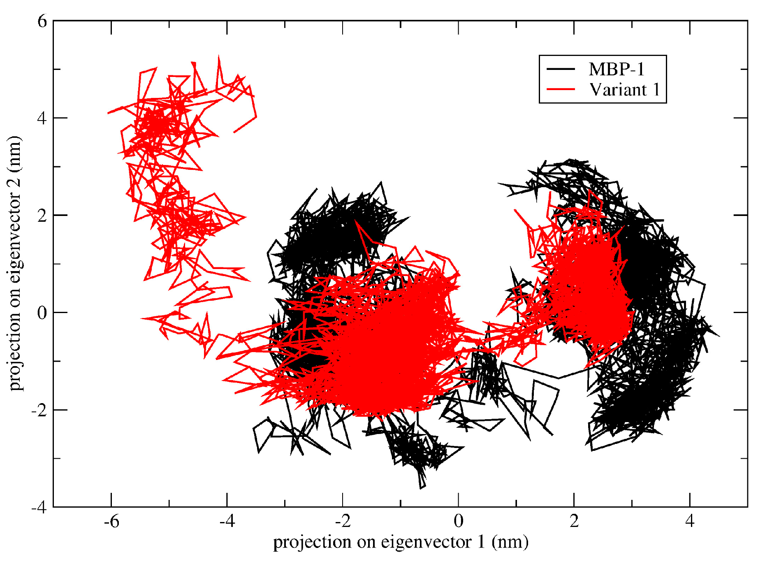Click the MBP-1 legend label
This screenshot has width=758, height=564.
616,69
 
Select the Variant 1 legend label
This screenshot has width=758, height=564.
624,89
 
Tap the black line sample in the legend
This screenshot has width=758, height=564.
561,69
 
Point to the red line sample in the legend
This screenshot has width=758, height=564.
561,89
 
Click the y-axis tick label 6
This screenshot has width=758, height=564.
42,21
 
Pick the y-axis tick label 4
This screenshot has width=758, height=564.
42,118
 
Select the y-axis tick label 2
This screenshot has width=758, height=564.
42,216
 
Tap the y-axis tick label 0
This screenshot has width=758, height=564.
42,313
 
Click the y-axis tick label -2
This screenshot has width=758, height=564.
39,410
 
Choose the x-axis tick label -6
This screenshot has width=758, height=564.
111,522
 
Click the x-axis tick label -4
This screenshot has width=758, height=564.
227,522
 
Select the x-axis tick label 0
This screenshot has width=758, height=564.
459,522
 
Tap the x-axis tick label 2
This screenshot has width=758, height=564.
574,522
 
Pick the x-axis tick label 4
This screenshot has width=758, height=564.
690,522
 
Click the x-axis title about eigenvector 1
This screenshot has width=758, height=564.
401,542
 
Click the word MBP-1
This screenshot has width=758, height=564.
616,69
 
